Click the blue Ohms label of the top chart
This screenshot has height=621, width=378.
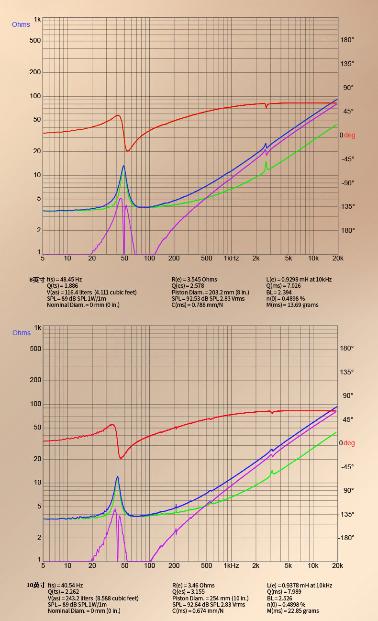21,24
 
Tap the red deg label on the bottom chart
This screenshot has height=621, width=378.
349,443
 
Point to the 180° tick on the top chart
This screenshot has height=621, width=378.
347,40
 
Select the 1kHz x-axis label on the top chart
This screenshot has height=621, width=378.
231,259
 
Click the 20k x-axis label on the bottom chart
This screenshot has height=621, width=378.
338,565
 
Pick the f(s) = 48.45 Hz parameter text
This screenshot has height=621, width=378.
64,279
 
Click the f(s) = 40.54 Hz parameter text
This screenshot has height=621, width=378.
65,585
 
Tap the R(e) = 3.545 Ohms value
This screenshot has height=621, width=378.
194,279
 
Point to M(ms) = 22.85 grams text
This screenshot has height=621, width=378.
292,610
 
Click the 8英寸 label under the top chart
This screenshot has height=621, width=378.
37,279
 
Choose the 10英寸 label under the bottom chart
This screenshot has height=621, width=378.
36,585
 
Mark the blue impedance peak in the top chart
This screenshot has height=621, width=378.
124,166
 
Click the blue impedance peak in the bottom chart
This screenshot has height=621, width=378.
117,477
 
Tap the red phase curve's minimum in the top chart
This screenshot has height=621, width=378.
128,151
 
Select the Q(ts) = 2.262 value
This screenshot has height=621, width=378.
63,592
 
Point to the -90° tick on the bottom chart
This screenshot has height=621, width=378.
347,490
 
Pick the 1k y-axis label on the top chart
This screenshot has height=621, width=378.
37,20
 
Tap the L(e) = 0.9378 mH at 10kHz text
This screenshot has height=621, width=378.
299,585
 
